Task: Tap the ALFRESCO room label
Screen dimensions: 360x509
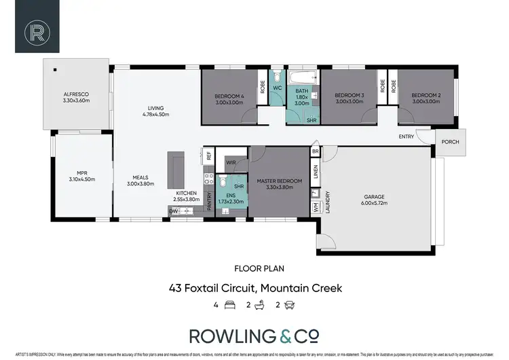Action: pos(77,94)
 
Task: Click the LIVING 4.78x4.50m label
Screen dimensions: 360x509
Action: pos(155,107)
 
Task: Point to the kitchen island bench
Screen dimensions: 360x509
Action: pos(176,170)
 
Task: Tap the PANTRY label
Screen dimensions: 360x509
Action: pos(209,192)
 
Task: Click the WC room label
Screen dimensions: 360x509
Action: pos(277,88)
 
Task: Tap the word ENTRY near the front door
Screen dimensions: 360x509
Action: pos(407,137)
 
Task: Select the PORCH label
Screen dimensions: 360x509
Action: pos(449,142)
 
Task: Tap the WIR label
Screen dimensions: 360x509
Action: pos(231,162)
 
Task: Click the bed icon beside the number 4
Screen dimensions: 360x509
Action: pos(229,305)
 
